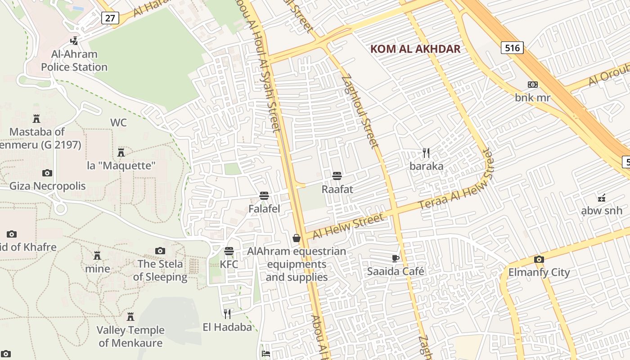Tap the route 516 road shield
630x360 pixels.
(x=512, y=48)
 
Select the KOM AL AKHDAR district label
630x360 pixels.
(x=415, y=49)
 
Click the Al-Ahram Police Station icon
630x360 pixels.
(x=74, y=41)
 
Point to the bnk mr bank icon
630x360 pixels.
(x=532, y=85)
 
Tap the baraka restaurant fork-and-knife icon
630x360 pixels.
(x=426, y=153)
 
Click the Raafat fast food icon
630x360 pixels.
(x=337, y=176)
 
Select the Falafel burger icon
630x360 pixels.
(x=264, y=196)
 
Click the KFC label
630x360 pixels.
(x=229, y=264)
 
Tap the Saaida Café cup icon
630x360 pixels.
(x=396, y=258)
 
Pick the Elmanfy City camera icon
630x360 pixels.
(x=539, y=259)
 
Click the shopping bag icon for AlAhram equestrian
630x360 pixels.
(x=297, y=238)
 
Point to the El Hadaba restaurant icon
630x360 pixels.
(x=227, y=314)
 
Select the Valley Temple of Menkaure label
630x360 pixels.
(x=130, y=336)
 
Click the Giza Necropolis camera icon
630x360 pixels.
(x=47, y=173)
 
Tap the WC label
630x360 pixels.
(x=118, y=123)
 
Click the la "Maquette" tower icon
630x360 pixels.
(x=121, y=152)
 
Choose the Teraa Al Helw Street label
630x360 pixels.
(x=455, y=186)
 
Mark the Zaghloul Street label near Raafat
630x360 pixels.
(x=360, y=112)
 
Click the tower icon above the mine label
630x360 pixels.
(x=97, y=256)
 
